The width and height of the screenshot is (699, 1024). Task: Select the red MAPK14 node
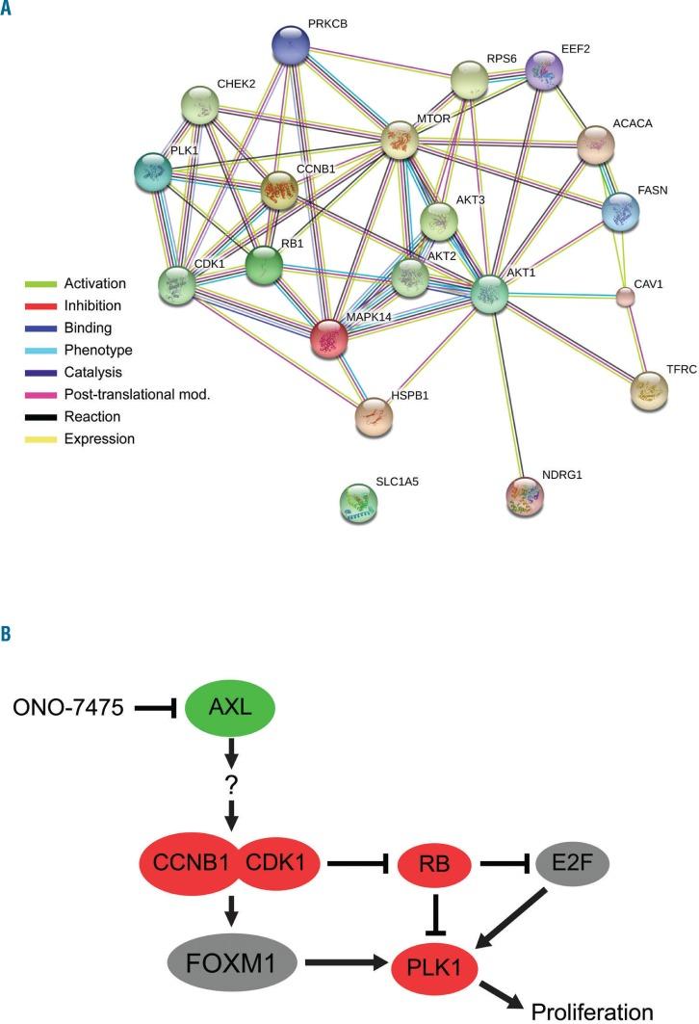point(329,338)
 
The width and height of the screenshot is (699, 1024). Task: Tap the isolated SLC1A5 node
point(359,502)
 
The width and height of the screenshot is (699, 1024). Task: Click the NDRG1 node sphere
point(525,495)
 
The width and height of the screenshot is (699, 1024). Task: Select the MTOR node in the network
point(402,141)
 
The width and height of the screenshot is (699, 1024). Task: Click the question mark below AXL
point(231,784)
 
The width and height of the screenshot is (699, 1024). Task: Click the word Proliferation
point(591,1010)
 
